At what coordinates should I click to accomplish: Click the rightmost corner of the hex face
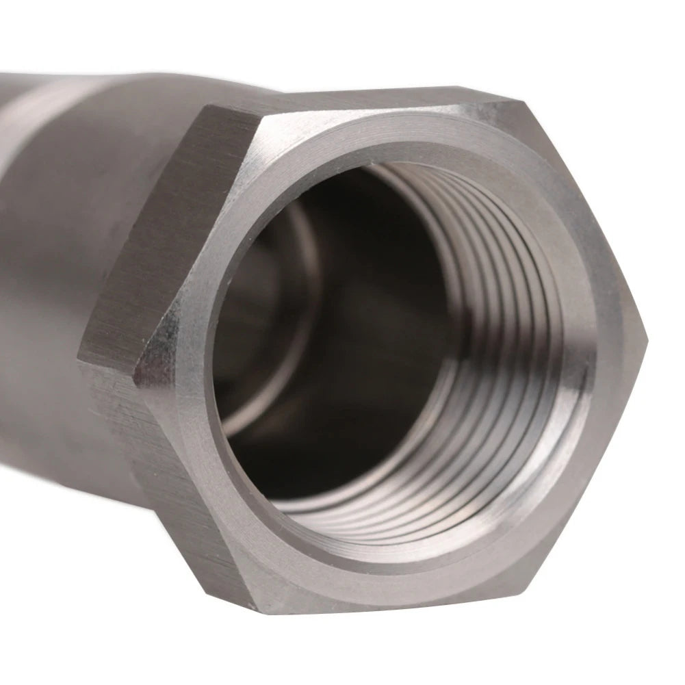[646, 337]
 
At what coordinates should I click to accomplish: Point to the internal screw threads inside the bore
[493, 328]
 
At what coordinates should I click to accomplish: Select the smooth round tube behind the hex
[55, 274]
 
